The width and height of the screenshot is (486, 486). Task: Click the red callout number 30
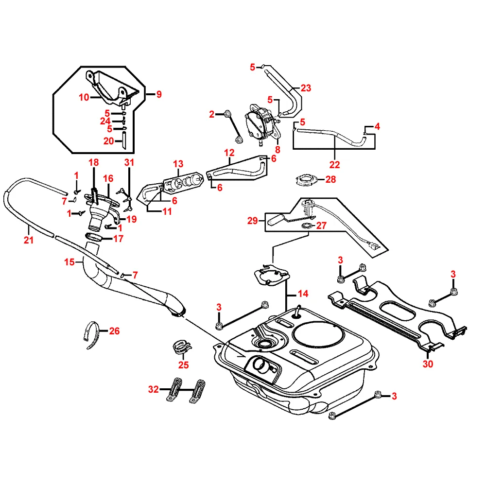428,364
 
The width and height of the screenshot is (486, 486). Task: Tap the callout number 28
330,179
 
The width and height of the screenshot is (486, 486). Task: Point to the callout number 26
114,331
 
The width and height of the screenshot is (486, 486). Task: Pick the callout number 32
154,389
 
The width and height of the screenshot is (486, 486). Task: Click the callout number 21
29,240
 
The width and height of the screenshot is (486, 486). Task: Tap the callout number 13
178,164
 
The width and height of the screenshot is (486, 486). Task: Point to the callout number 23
306,88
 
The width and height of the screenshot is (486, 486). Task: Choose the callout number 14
303,294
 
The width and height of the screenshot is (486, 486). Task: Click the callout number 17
118,239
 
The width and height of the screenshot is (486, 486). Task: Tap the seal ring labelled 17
95,237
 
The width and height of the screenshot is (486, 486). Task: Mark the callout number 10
84,97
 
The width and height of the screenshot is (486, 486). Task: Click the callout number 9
158,94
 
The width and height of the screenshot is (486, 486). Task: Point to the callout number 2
211,114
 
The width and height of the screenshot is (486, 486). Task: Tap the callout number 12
229,153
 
